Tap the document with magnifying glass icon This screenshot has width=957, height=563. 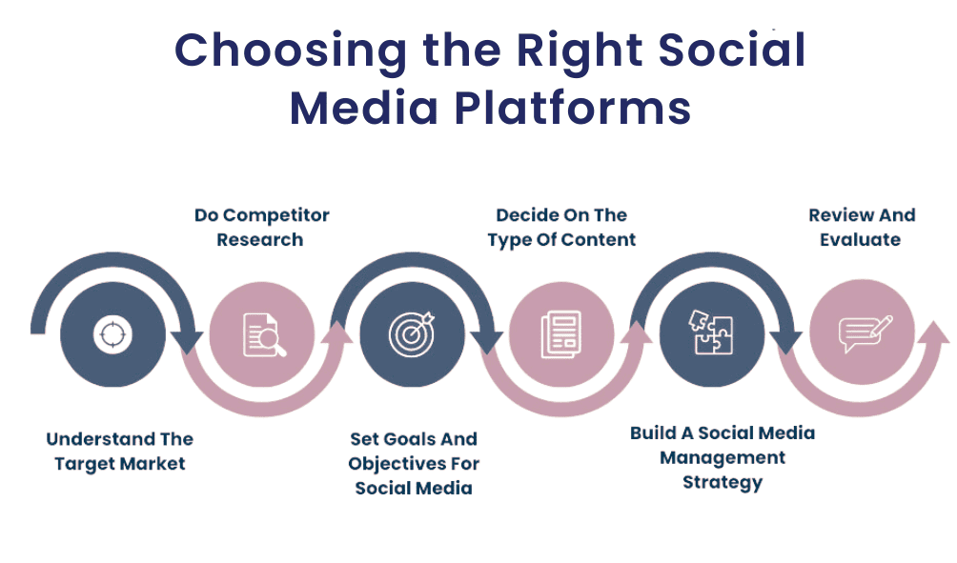[x=261, y=334]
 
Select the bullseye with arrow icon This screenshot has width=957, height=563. [x=413, y=334]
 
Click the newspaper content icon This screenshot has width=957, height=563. [x=560, y=334]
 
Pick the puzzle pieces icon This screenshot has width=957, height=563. [x=712, y=334]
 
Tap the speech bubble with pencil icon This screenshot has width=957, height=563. [x=863, y=334]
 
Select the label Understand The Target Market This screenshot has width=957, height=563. [x=119, y=452]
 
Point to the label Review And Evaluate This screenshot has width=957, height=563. [x=862, y=227]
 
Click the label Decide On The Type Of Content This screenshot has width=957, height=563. [x=561, y=227]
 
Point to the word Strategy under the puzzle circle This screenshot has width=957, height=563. [x=723, y=482]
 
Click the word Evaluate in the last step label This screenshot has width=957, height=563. [x=861, y=239]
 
